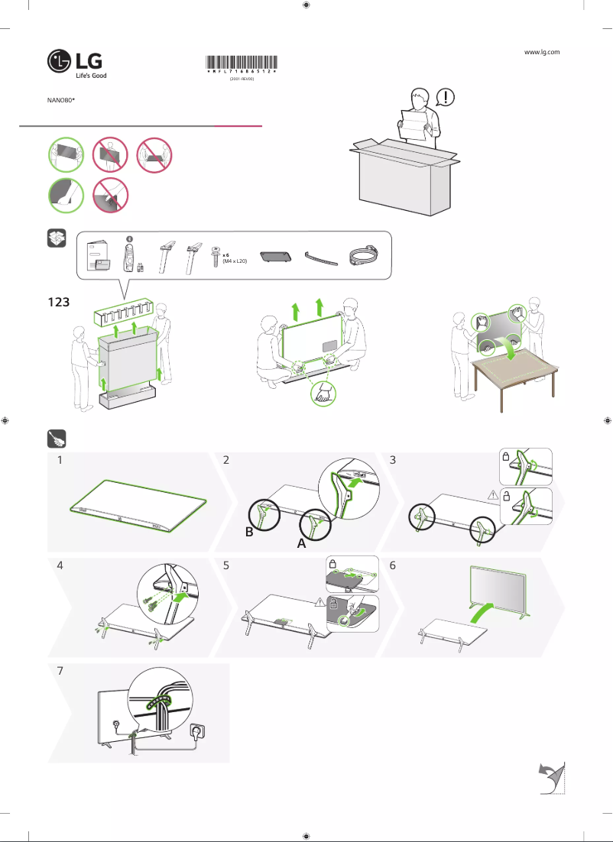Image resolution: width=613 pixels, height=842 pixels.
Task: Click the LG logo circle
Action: (x=60, y=63)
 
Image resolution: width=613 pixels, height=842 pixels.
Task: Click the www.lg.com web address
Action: (x=542, y=52)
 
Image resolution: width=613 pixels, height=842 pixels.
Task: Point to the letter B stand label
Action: (x=249, y=533)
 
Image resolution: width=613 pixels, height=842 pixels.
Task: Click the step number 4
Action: (x=60, y=568)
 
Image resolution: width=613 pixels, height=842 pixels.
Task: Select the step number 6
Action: (x=392, y=567)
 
